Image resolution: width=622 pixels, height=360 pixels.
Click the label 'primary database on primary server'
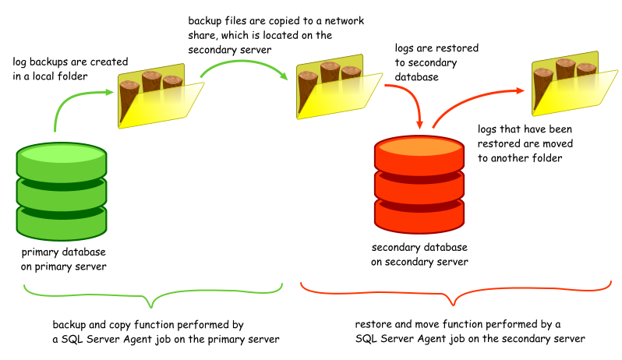tap(63, 259)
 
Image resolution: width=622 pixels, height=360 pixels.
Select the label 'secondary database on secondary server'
tap(419, 255)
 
